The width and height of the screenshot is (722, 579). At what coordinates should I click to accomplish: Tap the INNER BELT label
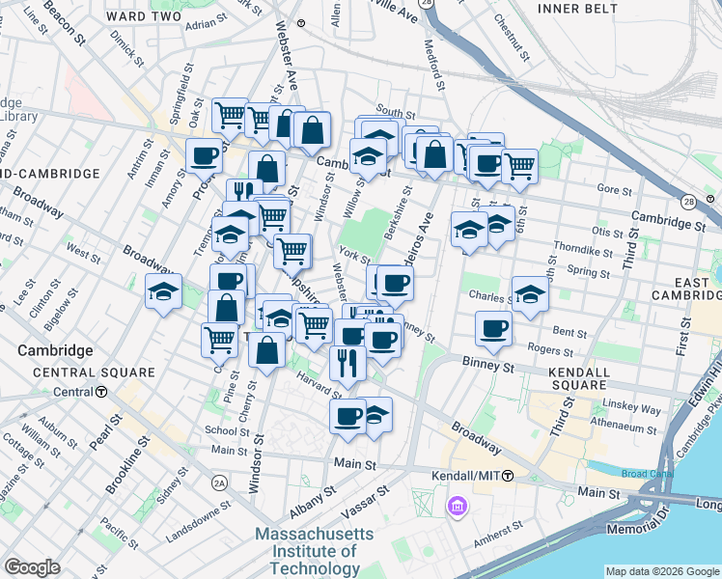pos(574,9)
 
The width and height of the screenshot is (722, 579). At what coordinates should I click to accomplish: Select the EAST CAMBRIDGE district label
pos(686,287)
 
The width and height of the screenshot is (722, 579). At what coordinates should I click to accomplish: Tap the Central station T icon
pos(101,392)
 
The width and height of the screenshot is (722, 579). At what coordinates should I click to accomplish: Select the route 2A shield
pos(220,482)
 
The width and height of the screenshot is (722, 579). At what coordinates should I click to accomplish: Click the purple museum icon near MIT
pos(458,506)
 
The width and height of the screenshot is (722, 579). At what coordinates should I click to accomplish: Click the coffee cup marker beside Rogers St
pos(493,329)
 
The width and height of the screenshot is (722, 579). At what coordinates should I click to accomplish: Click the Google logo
pos(33,567)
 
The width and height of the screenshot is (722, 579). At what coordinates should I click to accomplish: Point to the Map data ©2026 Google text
pos(661,571)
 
